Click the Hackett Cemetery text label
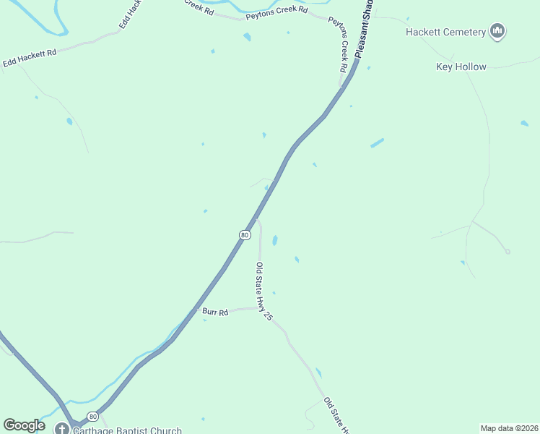(445, 32)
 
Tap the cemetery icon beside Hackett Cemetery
(497, 31)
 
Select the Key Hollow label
(461, 67)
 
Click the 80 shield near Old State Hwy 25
(245, 235)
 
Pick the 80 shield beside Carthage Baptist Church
(92, 417)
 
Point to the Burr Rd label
(215, 312)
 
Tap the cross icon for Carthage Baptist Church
(62, 428)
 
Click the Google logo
(24, 425)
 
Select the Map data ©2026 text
(509, 428)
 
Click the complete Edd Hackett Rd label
(30, 59)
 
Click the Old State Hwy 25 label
(264, 291)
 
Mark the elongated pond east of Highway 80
(377, 142)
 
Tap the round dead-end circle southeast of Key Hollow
(508, 252)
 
